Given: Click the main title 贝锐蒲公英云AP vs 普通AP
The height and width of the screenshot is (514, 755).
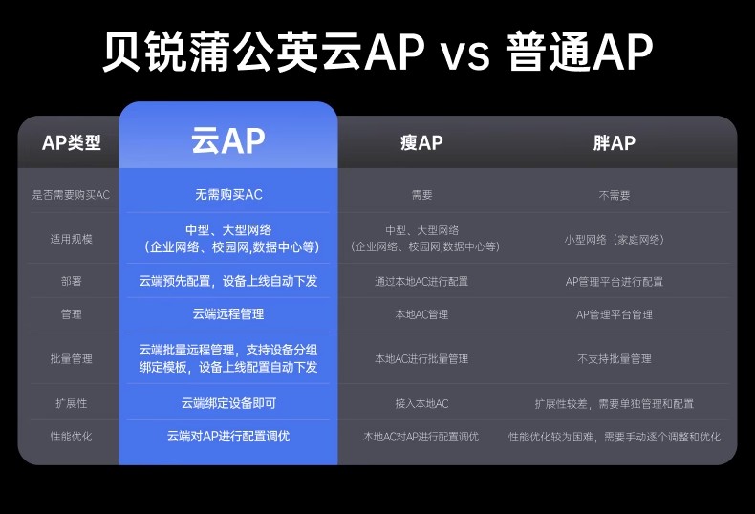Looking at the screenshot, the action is point(377,51).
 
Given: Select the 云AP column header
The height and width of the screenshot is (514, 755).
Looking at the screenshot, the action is point(228,140).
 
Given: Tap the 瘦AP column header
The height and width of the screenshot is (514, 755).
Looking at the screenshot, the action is point(421,142).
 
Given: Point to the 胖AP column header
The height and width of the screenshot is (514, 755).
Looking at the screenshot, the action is point(614,142).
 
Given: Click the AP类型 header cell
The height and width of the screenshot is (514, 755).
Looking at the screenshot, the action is point(72,142).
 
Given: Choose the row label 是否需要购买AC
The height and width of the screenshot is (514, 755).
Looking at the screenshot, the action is point(72,195).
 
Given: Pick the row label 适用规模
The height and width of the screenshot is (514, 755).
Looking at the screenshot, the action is point(72,239).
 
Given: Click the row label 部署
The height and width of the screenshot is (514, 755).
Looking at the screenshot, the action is point(72,281).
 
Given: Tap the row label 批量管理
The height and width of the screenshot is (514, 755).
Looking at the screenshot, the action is point(72,358).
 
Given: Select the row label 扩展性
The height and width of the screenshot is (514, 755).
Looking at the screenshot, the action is point(72,403).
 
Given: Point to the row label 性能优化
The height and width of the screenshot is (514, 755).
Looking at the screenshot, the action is point(72,437).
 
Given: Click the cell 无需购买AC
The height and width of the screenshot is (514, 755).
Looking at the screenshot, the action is point(228,195).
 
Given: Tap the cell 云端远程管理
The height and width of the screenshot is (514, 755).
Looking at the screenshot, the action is point(228,314).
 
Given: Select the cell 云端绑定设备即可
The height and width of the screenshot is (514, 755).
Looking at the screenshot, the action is point(228,403).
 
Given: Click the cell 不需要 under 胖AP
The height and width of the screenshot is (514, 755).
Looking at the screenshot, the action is point(615,195).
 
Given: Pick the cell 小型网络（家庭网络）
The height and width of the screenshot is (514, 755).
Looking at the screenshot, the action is point(615,240).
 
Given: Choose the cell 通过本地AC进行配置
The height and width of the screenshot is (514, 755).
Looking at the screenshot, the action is point(421,281).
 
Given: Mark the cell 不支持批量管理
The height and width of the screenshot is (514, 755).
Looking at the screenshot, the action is point(615,358).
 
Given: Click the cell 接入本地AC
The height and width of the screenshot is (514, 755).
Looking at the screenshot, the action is point(421,403).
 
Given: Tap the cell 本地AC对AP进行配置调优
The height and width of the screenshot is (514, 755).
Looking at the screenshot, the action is point(421,437).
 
